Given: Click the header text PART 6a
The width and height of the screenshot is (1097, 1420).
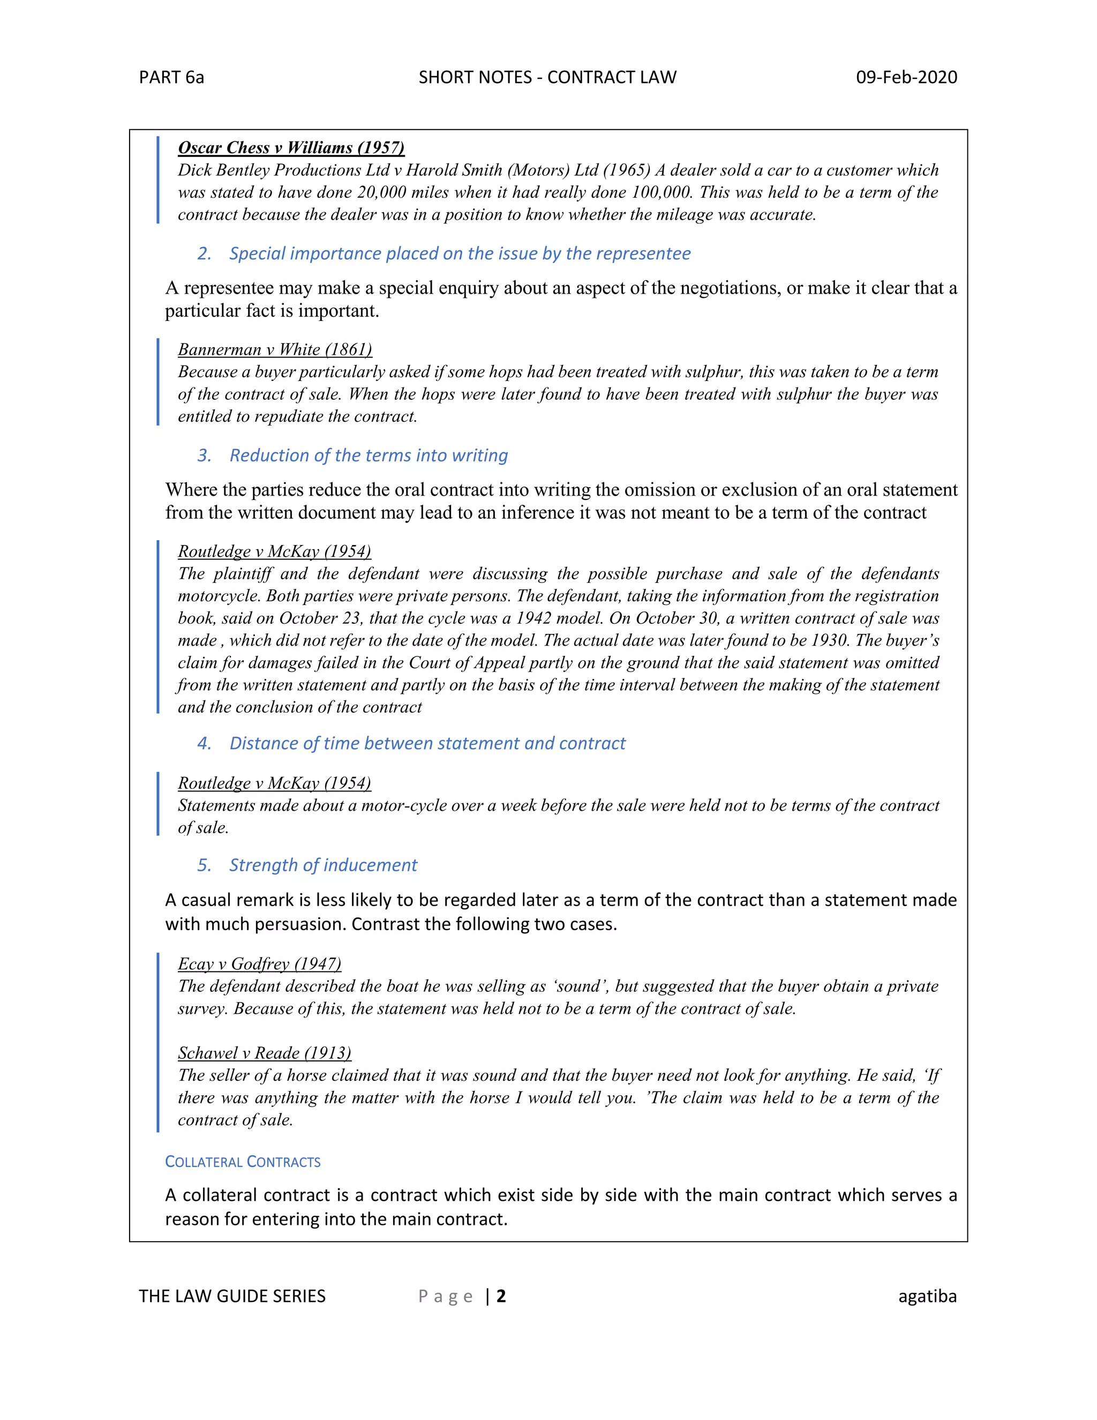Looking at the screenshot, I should coord(171,77).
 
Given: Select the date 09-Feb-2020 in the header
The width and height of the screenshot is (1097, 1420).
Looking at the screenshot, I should coord(906,77).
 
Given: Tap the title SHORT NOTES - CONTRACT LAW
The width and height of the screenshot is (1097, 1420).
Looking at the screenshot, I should coord(547,77).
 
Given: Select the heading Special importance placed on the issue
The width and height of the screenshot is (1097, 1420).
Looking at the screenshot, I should coord(460,253).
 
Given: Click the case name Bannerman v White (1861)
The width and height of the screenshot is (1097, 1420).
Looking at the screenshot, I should coord(275,350).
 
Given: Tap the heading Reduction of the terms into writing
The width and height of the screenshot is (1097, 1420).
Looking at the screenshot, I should coord(369,455).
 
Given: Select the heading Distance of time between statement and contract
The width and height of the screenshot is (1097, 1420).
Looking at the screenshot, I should coord(427,743).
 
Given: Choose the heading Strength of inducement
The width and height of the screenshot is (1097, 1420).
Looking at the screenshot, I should coord(323,865).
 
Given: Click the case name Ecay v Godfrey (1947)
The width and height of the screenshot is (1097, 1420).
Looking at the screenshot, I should coord(259,964).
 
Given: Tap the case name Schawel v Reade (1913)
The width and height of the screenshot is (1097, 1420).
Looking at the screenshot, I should coord(265,1053).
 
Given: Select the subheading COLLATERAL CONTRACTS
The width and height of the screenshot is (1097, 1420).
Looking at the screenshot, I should coord(243,1162).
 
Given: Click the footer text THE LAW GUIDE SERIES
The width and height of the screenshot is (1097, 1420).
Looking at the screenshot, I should coord(232,1296).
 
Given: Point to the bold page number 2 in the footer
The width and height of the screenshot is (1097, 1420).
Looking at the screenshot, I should coord(501,1296).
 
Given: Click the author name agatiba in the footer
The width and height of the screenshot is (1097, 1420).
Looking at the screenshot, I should coord(927,1296).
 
